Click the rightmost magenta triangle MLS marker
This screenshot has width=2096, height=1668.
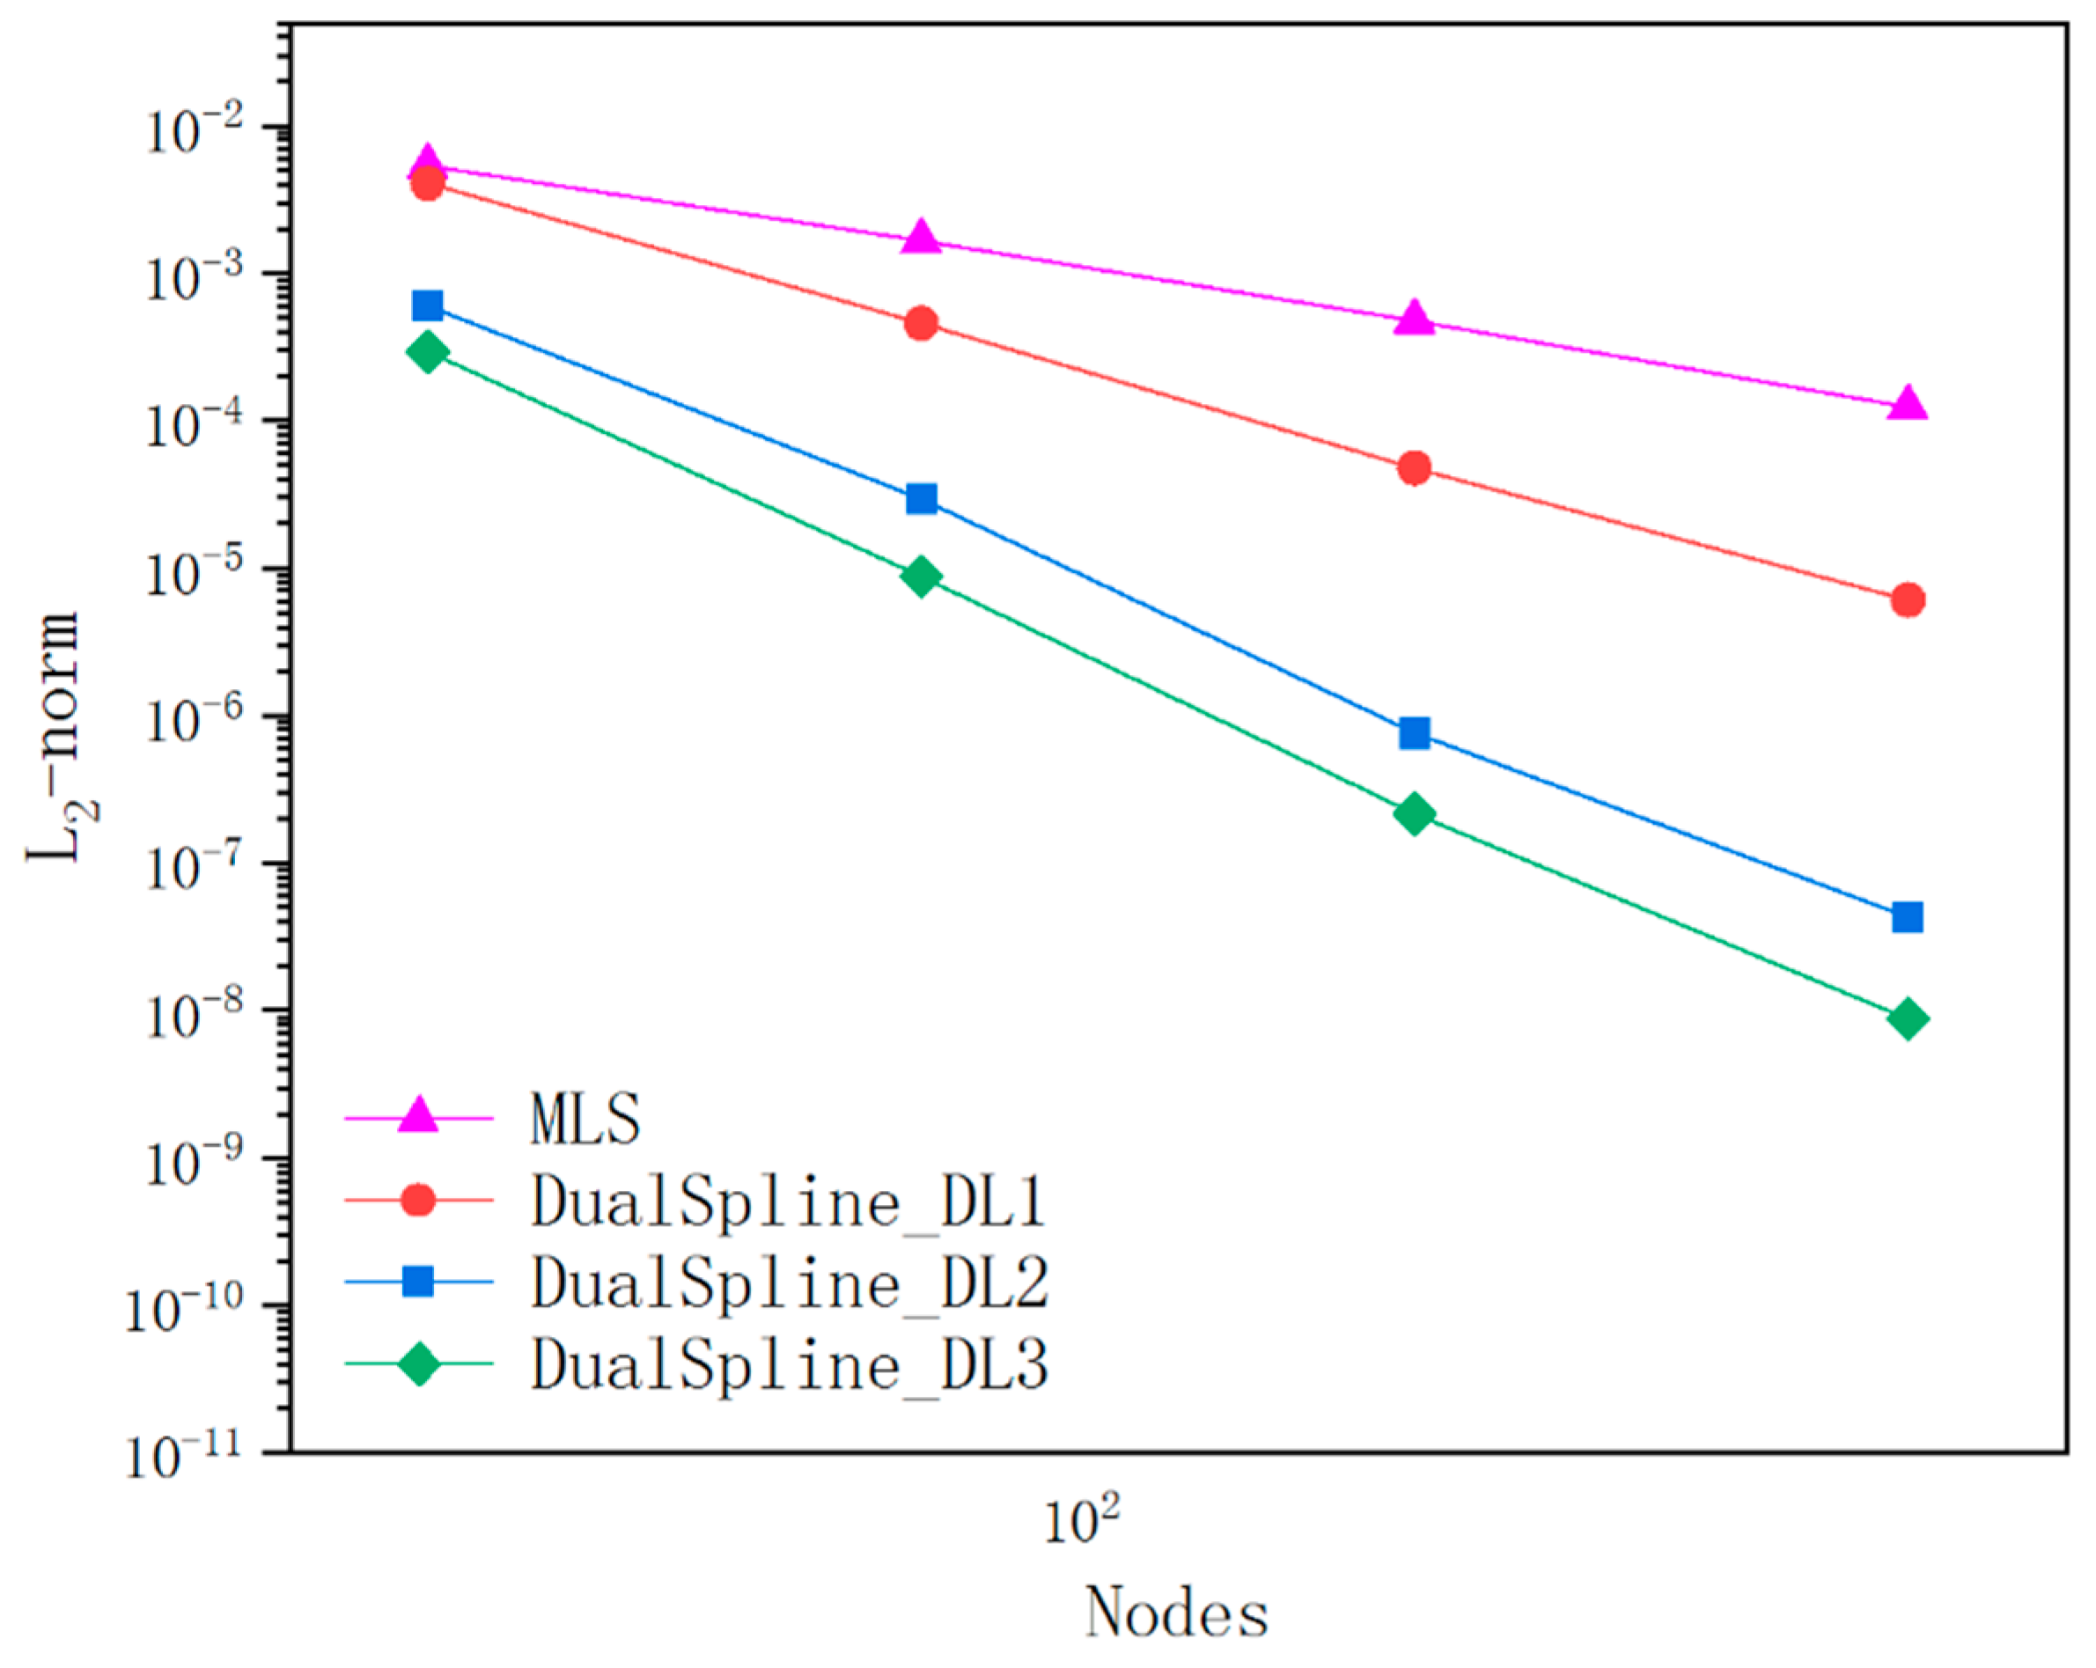point(1908,403)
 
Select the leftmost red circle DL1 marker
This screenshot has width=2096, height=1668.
point(428,183)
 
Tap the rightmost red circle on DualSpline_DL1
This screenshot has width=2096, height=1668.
point(1908,599)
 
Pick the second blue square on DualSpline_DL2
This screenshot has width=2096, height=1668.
point(922,499)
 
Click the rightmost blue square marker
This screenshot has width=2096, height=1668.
point(1908,916)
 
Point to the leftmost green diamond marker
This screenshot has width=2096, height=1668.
point(428,352)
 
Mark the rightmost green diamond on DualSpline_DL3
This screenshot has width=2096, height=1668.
point(1908,1018)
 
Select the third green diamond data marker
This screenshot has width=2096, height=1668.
point(1415,812)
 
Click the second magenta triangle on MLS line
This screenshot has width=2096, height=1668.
point(922,239)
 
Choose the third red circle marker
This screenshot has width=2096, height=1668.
point(1415,468)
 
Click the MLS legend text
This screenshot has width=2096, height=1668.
point(585,1120)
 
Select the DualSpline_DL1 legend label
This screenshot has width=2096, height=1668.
point(788,1201)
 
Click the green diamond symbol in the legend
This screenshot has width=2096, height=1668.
point(419,1363)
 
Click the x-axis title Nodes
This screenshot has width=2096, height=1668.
point(1176,1613)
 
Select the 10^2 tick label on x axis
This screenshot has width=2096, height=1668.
point(1081,1520)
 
